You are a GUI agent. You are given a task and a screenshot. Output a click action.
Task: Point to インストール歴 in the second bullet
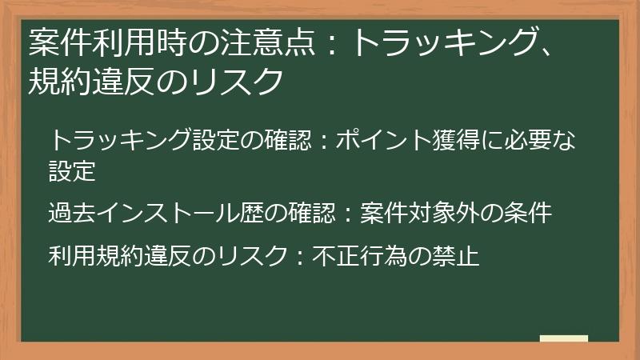point(170,214)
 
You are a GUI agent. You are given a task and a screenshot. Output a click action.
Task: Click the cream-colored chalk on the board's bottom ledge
point(564,338)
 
